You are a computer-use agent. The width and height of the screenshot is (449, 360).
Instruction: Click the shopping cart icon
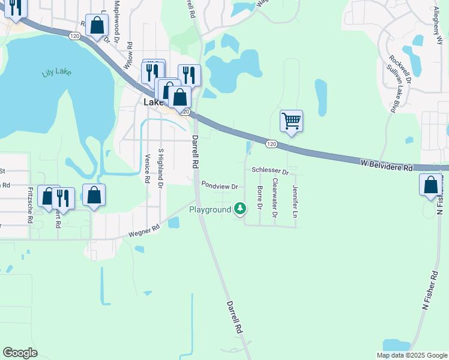pyautogui.click(x=291, y=121)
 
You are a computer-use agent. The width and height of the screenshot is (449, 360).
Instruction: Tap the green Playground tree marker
pyautogui.click(x=240, y=209)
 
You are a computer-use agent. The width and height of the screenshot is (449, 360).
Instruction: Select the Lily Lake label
pyautogui.click(x=56, y=73)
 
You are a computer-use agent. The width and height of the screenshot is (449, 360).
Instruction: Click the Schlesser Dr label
pyautogui.click(x=270, y=172)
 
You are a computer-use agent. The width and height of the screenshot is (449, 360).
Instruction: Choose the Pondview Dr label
pyautogui.click(x=220, y=185)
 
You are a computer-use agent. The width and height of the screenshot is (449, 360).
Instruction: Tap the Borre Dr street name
pyautogui.click(x=260, y=198)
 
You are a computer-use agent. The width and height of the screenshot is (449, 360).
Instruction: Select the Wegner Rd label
pyautogui.click(x=144, y=229)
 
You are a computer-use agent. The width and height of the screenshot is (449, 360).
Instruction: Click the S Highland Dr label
pyautogui.click(x=160, y=169)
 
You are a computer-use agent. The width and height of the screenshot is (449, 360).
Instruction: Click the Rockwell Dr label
pyautogui.click(x=400, y=70)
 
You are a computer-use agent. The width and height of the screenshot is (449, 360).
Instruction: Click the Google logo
pyautogui.click(x=20, y=353)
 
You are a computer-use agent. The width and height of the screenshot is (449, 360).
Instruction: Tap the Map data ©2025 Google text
pyautogui.click(x=411, y=355)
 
